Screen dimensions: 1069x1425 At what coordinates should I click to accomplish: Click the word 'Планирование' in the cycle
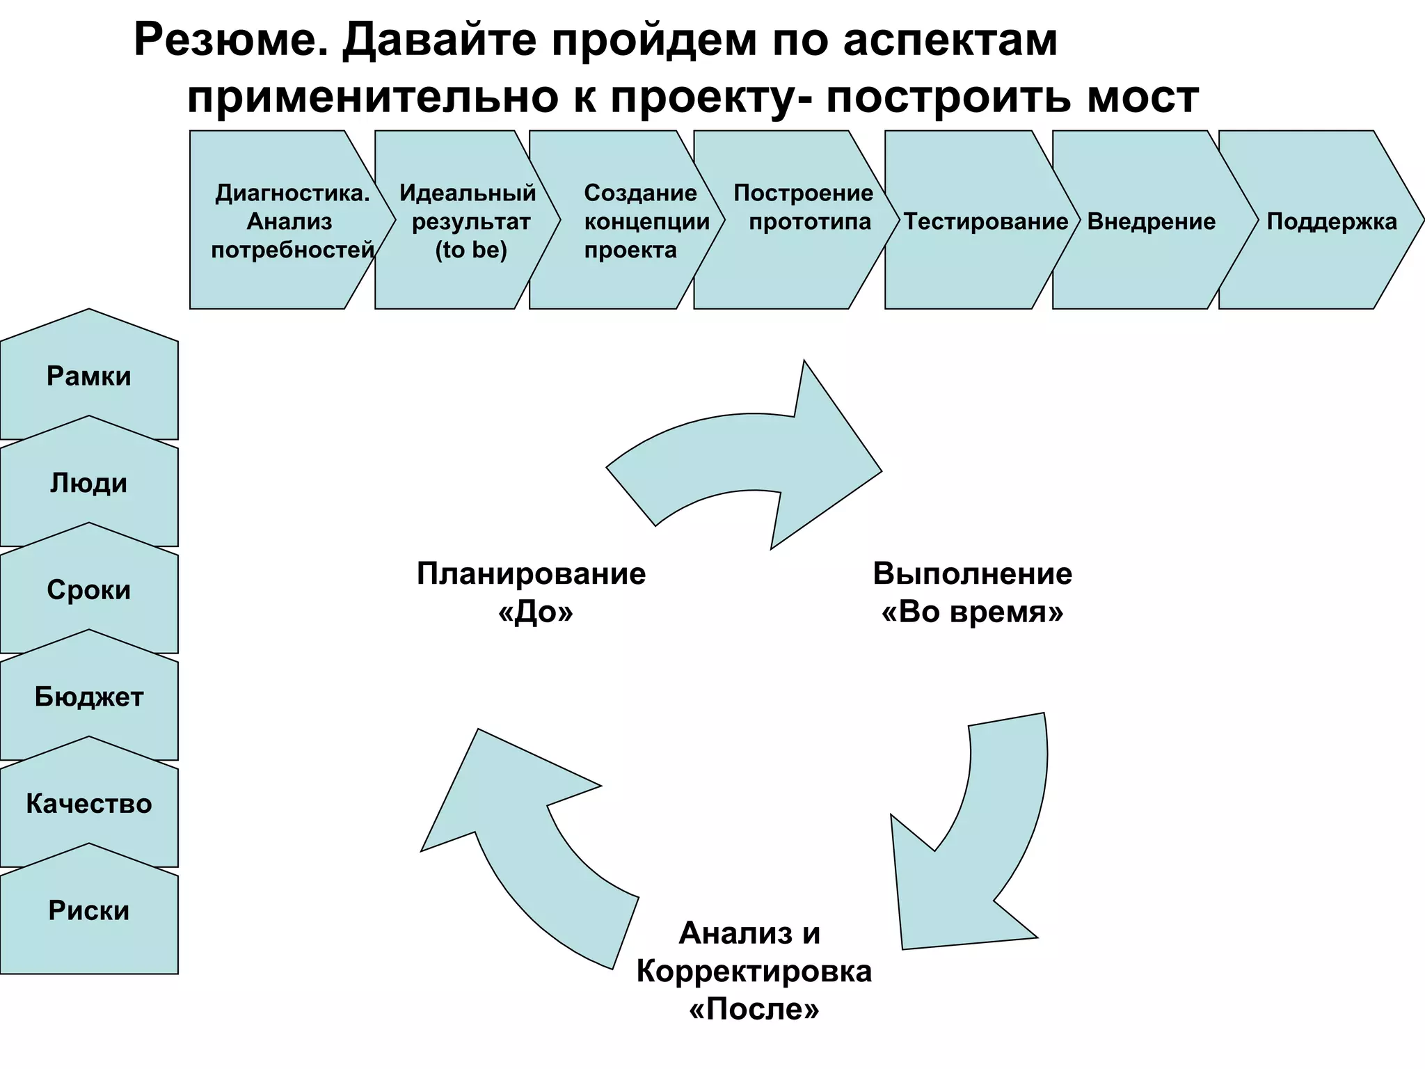(531, 574)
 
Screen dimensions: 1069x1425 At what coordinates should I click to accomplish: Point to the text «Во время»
(972, 612)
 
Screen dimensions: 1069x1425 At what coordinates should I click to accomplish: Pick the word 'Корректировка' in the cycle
(754, 972)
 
